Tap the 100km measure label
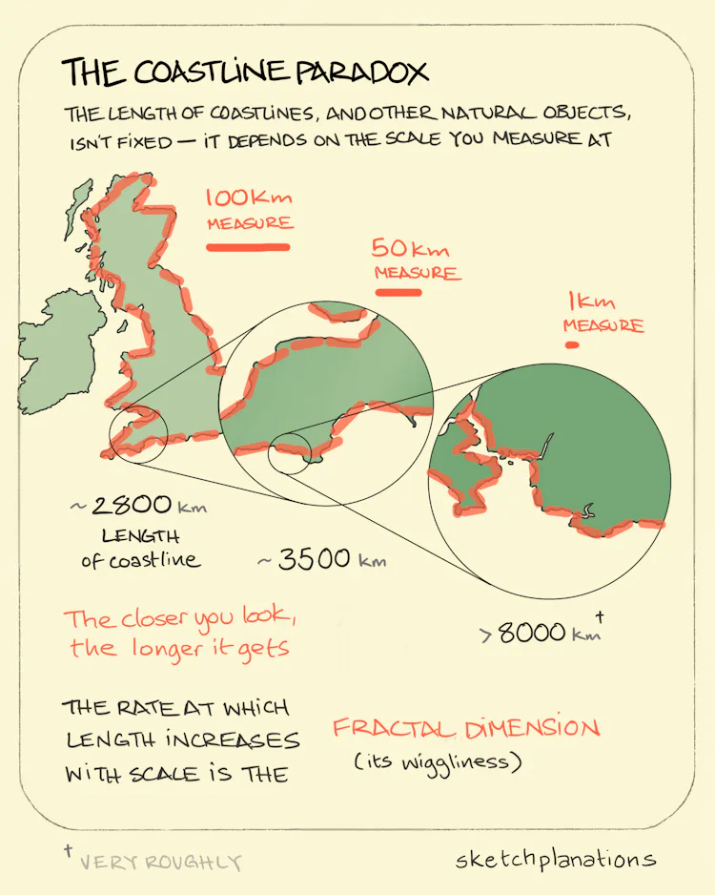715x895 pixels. (x=249, y=210)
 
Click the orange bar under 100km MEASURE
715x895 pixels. (x=248, y=248)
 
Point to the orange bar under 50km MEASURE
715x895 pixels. (x=398, y=292)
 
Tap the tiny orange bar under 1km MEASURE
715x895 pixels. (x=572, y=344)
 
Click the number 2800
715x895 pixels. (x=133, y=506)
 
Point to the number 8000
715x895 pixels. (x=532, y=633)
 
